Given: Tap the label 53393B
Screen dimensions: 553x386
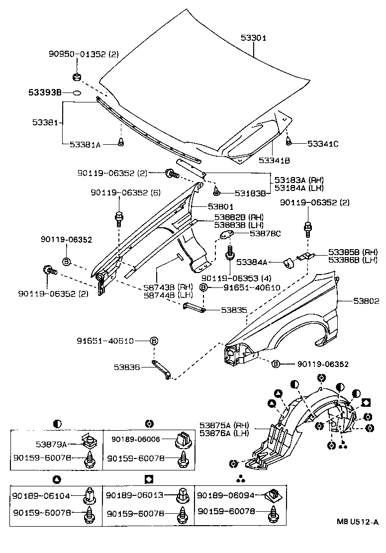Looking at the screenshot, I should (x=44, y=92).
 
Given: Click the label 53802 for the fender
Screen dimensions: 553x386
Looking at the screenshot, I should (x=366, y=301).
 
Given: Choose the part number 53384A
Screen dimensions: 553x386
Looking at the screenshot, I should (x=252, y=262).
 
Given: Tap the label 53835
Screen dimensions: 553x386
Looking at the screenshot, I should (x=234, y=310).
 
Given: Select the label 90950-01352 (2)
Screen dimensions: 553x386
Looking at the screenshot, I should (x=84, y=55).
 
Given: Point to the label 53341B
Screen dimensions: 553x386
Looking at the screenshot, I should (x=274, y=160).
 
